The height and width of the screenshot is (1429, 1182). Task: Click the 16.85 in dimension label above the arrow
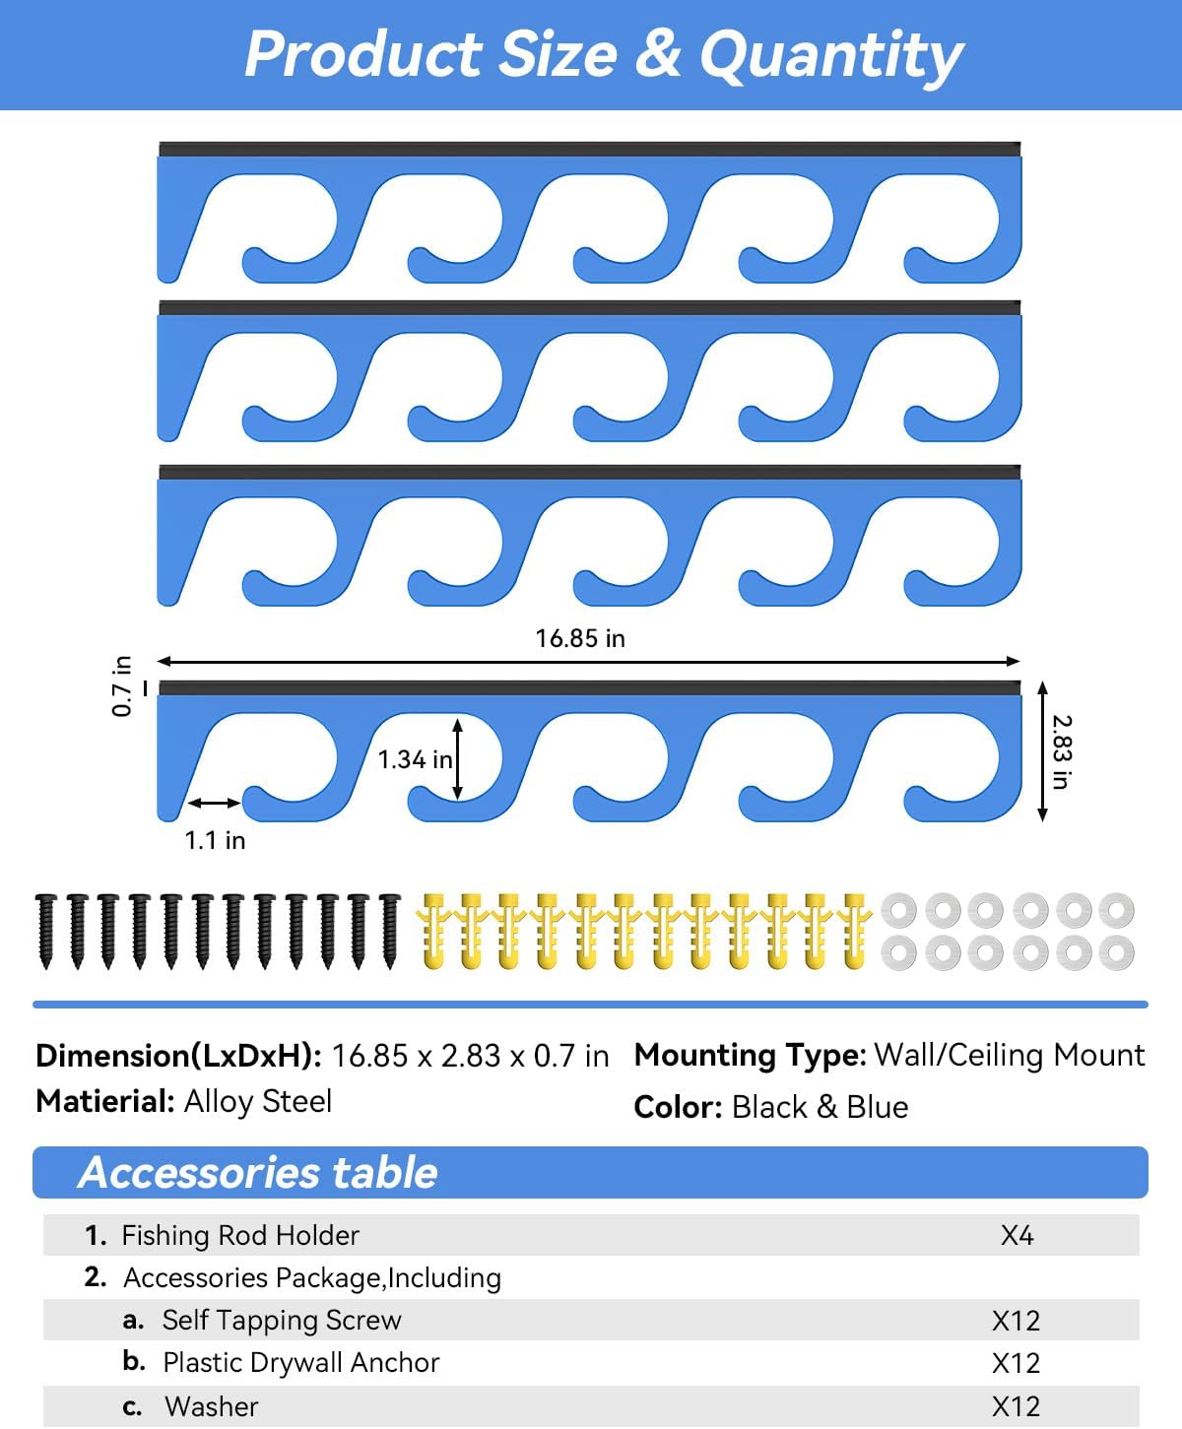[x=580, y=638]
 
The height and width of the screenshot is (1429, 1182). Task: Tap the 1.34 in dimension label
[x=415, y=759]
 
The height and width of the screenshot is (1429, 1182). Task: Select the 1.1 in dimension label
[x=215, y=840]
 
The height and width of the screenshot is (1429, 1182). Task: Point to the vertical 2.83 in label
[x=1061, y=752]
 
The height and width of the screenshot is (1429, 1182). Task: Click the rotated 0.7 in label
[x=121, y=685]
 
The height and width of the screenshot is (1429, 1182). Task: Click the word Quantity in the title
[x=830, y=56]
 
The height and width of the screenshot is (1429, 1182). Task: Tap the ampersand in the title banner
[x=658, y=54]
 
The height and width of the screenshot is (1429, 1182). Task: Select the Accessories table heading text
[x=258, y=1172]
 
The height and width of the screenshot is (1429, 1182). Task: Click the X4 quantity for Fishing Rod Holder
[x=1018, y=1235]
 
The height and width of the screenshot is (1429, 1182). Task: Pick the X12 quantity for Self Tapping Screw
[x=1016, y=1321]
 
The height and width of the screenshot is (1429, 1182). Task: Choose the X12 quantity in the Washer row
[x=1016, y=1406]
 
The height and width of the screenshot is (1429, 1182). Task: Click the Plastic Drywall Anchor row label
[x=301, y=1363]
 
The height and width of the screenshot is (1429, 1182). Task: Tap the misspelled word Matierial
[x=105, y=1102]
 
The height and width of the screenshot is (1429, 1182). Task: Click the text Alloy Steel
[x=258, y=1102]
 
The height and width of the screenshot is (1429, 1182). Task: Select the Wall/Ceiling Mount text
[x=1010, y=1056]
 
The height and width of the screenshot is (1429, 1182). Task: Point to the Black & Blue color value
[x=820, y=1107]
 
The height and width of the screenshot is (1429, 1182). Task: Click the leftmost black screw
[x=45, y=932]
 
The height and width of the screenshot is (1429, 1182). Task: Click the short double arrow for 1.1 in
[x=214, y=803]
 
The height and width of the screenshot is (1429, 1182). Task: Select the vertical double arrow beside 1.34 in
[x=457, y=759]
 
